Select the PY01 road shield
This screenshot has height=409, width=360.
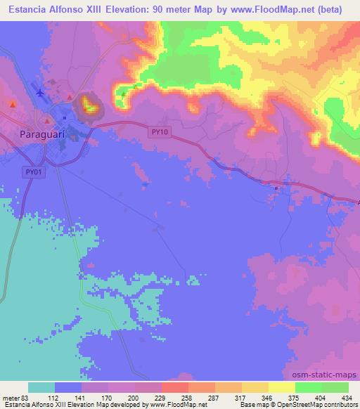pyautogui.click(x=32, y=171)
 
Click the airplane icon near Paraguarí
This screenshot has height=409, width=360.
pyautogui.click(x=39, y=92)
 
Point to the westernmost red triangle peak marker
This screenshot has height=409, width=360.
pyautogui.click(x=13, y=104)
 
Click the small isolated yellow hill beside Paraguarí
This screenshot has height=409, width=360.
pyautogui.click(x=89, y=105)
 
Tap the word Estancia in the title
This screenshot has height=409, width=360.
pyautogui.click(x=29, y=11)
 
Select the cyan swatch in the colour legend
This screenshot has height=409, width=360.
pyautogui.click(x=41, y=387)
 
